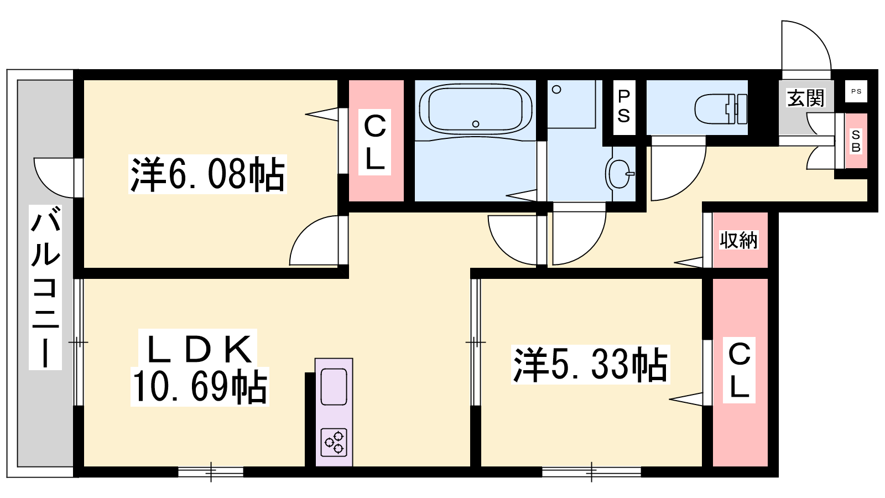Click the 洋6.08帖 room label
208,174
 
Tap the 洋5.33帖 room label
590,364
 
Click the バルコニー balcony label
45,287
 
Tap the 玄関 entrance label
806,98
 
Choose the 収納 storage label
738,240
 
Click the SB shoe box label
856,141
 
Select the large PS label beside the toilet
624,106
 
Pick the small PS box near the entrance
856,91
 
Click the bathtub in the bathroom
476,109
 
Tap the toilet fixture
721,109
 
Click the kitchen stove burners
334,442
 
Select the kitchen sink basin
334,387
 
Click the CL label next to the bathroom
374,142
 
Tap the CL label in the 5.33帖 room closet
739,370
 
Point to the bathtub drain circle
476,124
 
